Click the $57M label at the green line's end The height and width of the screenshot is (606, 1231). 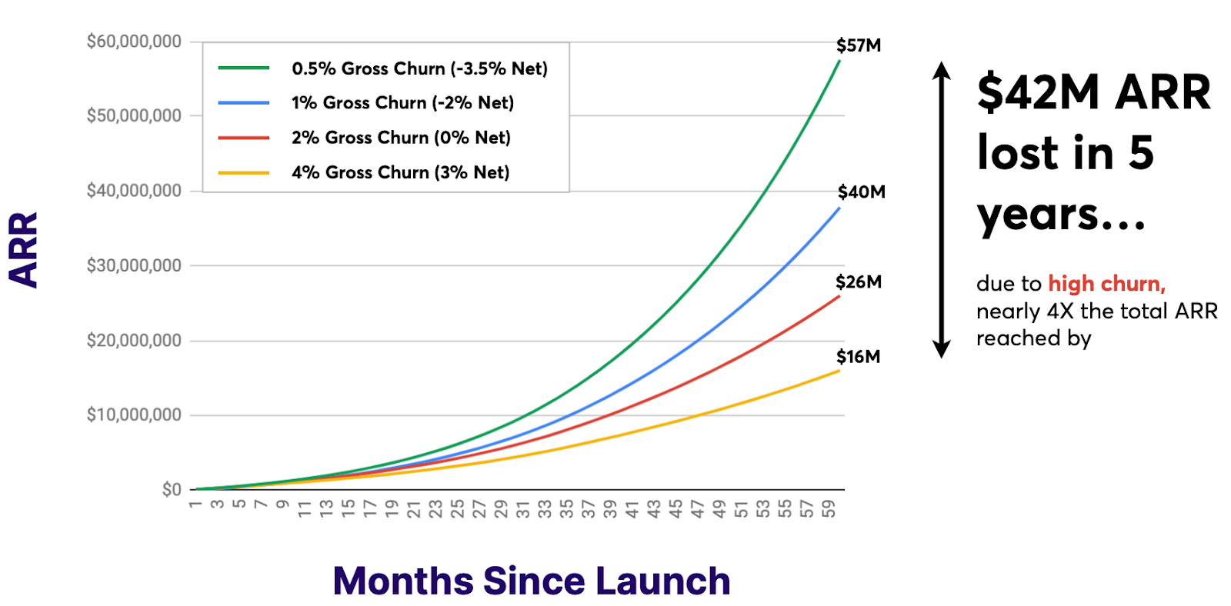[859, 45]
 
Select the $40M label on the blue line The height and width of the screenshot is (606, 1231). [861, 191]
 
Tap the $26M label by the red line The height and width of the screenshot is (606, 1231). [859, 281]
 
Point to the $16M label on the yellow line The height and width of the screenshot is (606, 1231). [858, 357]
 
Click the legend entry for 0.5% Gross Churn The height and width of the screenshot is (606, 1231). [419, 68]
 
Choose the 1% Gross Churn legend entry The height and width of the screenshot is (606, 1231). [402, 103]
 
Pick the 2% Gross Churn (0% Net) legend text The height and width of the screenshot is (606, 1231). [401, 138]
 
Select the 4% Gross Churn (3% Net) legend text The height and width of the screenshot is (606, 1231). [400, 172]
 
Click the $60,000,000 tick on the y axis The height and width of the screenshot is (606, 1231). [134, 42]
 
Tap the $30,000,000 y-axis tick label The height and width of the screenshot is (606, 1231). [134, 265]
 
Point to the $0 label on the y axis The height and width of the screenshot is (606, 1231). [172, 489]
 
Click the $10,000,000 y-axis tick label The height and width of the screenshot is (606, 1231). [134, 415]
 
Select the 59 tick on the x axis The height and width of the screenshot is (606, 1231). [829, 508]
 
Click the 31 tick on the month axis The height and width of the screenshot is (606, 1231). [523, 508]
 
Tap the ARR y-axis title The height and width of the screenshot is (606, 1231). [23, 250]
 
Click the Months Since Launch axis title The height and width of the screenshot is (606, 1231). [531, 581]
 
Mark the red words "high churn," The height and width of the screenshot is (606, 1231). [1106, 284]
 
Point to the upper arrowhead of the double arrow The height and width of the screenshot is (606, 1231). [941, 70]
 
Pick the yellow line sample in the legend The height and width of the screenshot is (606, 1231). [243, 173]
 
